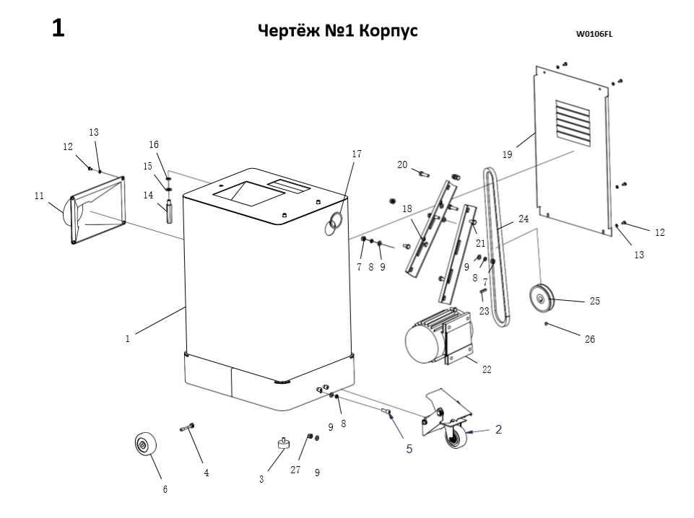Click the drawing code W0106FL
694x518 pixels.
594,33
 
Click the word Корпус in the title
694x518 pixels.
390,32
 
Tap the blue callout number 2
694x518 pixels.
498,429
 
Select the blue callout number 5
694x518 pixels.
409,449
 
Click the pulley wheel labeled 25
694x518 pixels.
540,297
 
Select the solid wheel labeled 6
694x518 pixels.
146,444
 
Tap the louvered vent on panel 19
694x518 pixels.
573,122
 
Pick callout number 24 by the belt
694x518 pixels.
524,218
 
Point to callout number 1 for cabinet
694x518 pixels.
127,338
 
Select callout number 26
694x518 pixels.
590,339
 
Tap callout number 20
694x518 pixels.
402,165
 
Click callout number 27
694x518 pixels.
295,470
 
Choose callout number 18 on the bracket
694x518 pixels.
407,208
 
